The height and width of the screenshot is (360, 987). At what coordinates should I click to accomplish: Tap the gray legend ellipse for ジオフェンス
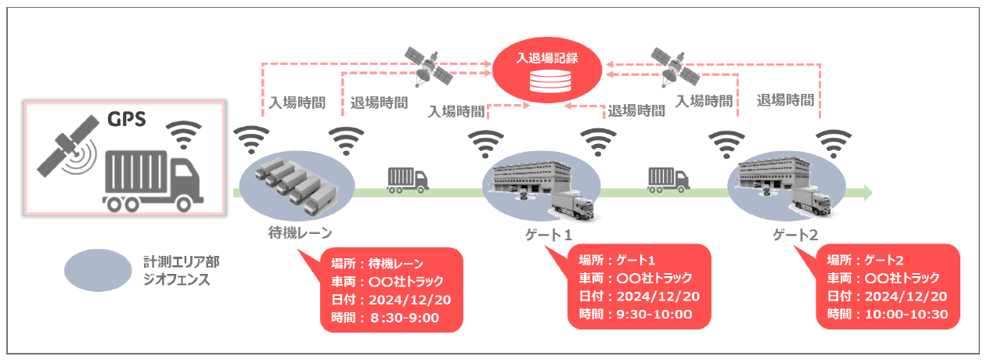98,270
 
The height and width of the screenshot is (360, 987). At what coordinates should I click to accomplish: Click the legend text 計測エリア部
176,261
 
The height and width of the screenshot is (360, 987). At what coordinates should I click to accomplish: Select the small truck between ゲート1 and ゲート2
668,179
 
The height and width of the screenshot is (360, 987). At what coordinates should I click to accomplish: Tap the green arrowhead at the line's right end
865,191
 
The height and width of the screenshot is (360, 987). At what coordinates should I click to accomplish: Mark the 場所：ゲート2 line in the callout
867,260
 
